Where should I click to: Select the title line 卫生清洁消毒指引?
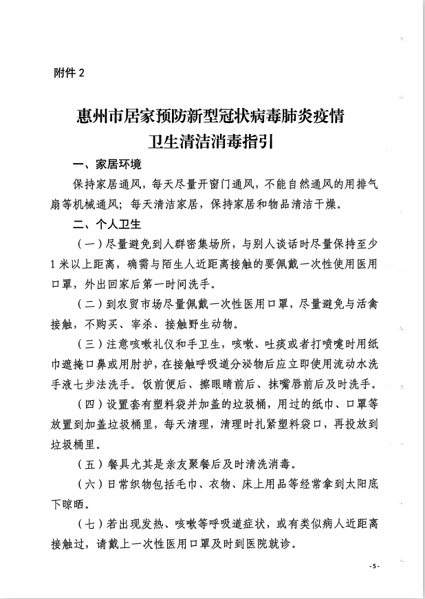(212, 142)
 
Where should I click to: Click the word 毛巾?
(194, 483)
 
